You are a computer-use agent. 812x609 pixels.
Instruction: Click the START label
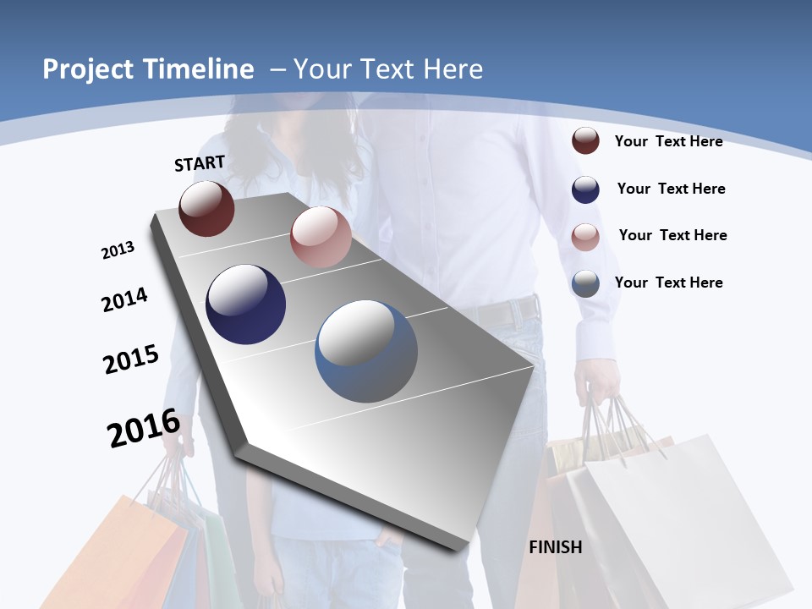(200, 162)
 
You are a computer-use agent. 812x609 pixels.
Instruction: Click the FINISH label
(555, 547)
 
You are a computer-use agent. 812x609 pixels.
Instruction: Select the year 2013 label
(118, 250)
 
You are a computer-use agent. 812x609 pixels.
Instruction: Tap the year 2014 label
(124, 299)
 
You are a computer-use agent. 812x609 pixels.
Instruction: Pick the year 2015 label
(130, 359)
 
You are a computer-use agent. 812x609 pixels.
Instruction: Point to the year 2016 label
(144, 428)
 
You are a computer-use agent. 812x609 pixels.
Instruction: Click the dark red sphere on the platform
(206, 209)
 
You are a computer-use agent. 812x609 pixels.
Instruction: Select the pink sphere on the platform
(321, 237)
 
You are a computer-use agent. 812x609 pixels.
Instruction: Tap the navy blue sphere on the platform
(245, 304)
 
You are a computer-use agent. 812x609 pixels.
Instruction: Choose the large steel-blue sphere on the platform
(366, 351)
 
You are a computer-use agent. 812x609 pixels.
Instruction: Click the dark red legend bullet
(585, 141)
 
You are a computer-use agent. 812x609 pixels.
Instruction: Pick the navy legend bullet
(585, 189)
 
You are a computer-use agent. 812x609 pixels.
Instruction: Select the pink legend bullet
(585, 237)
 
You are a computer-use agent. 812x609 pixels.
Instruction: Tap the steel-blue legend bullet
(585, 283)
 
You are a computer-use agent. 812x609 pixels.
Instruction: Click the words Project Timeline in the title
(148, 69)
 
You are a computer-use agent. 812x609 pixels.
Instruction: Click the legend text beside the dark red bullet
(668, 141)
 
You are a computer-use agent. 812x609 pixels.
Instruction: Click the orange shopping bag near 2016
(144, 550)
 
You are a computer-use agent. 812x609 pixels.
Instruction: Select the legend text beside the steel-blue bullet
(668, 283)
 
